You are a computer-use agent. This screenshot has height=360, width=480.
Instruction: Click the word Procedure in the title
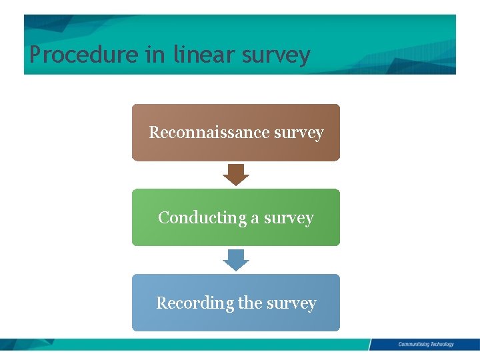tap(84, 55)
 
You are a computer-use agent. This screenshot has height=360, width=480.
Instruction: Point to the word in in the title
tap(156, 54)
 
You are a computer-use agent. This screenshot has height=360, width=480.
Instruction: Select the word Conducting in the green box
tap(193, 218)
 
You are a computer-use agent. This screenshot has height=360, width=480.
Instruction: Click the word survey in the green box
tap(288, 219)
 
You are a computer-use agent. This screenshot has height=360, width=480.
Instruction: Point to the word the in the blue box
tap(250, 303)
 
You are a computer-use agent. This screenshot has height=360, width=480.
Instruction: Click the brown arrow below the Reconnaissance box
tap(235, 175)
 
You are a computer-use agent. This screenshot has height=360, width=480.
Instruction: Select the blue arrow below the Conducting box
tap(235, 260)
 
